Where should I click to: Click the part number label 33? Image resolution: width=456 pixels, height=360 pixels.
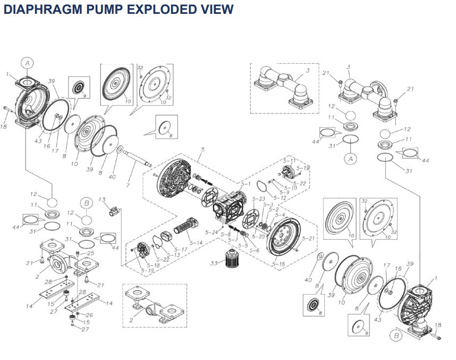point(214,262)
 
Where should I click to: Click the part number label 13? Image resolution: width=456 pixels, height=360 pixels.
point(102,199)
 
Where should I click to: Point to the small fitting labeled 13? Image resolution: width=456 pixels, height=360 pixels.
point(113,211)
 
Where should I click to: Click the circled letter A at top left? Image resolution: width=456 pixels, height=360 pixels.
point(28,63)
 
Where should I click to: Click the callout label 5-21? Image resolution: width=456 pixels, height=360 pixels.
point(308,238)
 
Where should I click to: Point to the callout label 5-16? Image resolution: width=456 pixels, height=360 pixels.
point(278,264)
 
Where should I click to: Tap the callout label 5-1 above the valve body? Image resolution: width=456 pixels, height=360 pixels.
point(246,183)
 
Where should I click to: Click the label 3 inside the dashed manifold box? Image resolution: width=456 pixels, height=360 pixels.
point(307,70)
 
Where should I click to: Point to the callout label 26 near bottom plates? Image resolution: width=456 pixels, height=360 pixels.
point(89,315)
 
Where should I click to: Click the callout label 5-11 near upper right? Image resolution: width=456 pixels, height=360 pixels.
point(289,160)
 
